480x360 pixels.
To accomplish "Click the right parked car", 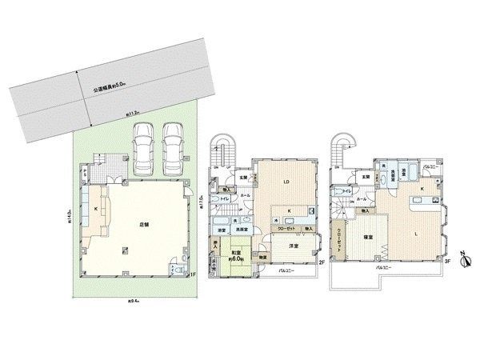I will [x=174, y=149].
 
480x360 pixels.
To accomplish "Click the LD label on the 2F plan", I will [x=285, y=183].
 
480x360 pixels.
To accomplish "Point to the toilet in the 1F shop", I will [x=178, y=270].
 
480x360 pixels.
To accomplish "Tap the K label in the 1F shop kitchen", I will [x=97, y=209].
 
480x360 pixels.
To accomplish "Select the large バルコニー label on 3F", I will [x=389, y=276].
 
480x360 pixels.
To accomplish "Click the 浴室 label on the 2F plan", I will [x=219, y=230].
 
